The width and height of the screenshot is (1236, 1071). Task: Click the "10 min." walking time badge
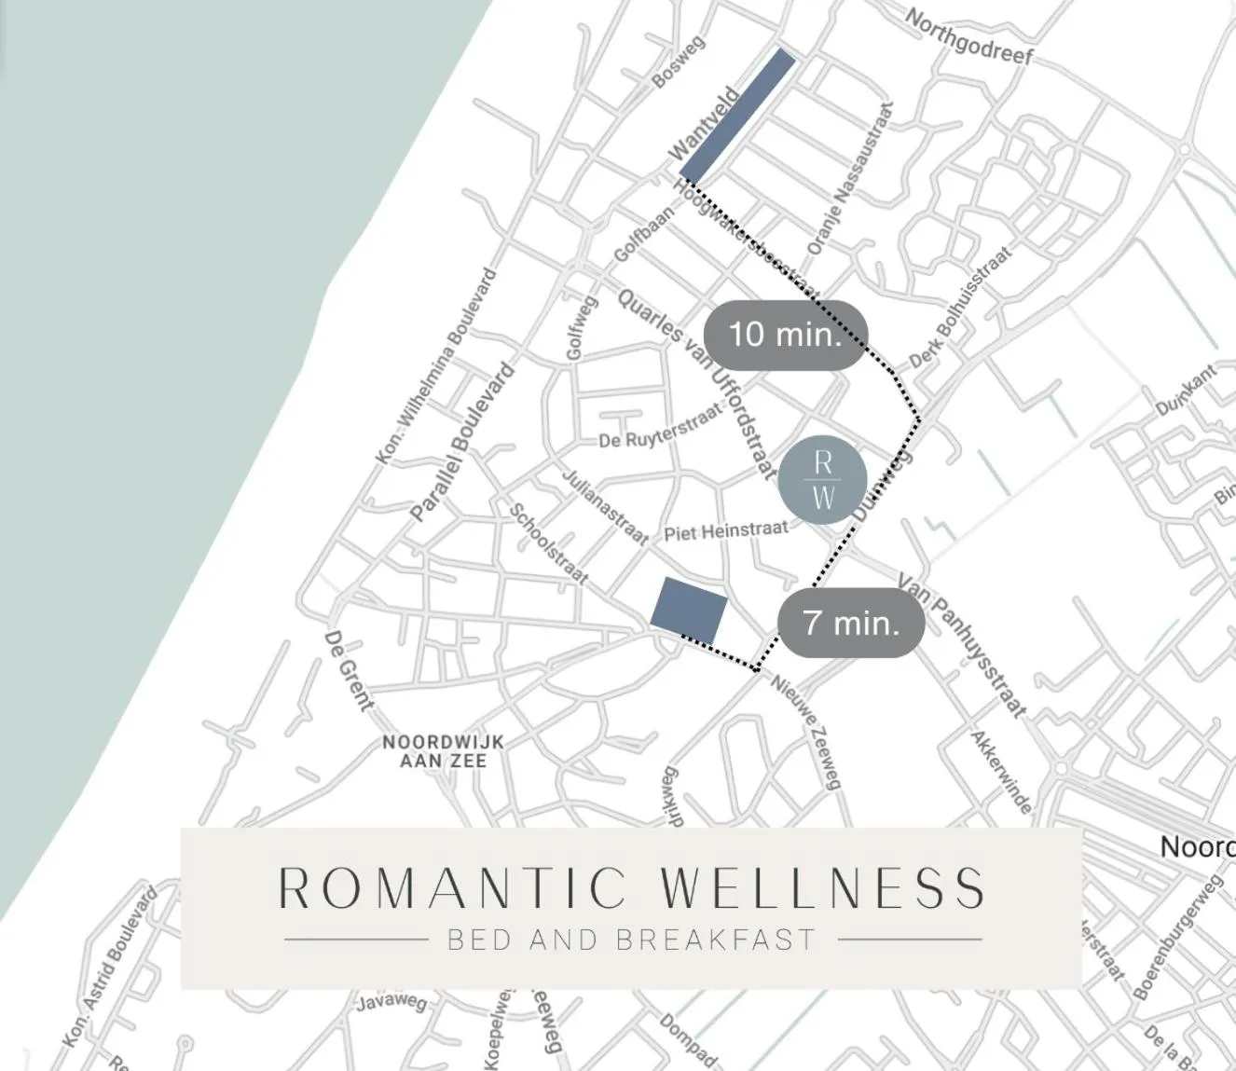785,334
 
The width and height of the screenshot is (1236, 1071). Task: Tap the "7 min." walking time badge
851,622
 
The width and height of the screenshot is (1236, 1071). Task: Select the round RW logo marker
822,478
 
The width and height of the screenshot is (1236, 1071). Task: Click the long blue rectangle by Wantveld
738,115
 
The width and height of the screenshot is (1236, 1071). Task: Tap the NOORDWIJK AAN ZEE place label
444,750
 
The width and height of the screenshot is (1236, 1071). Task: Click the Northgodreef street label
969,37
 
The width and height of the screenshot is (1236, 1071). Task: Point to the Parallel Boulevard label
462,441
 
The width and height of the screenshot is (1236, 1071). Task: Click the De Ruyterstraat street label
660,427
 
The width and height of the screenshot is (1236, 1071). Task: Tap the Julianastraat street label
604,506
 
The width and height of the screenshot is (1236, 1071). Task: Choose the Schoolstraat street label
548,543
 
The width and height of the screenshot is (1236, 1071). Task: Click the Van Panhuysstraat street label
962,645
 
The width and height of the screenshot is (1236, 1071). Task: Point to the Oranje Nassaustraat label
850,179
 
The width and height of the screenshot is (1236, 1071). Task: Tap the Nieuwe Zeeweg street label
807,731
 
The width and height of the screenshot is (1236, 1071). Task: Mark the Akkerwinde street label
1002,771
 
